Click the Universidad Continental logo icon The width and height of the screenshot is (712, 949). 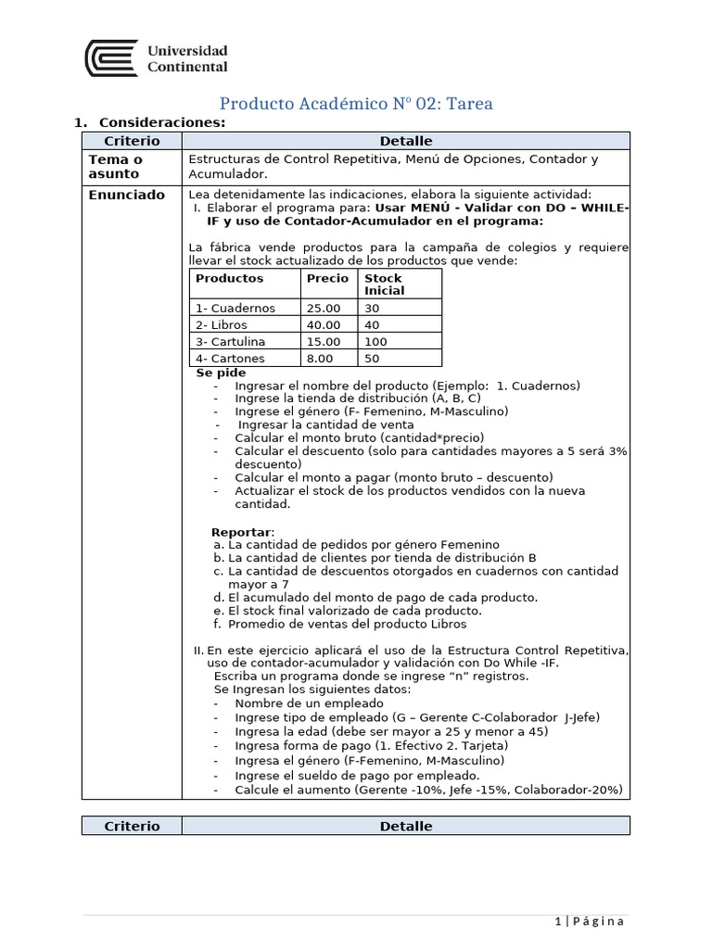coord(111,58)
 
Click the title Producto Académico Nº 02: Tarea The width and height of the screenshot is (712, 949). coord(356,104)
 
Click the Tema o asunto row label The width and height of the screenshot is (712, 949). coord(115,167)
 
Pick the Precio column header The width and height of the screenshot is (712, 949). coord(327,278)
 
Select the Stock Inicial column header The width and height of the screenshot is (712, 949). coord(383,284)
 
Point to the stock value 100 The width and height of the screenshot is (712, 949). coord(375,342)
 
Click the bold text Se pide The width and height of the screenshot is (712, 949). coord(221,373)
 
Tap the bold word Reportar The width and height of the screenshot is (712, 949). coord(243,532)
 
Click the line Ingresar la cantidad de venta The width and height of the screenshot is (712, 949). coord(325,424)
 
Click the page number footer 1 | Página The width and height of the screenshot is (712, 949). coord(590,921)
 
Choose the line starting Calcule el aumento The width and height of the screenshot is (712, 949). coord(428,791)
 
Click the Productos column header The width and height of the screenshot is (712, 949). coord(229,278)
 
